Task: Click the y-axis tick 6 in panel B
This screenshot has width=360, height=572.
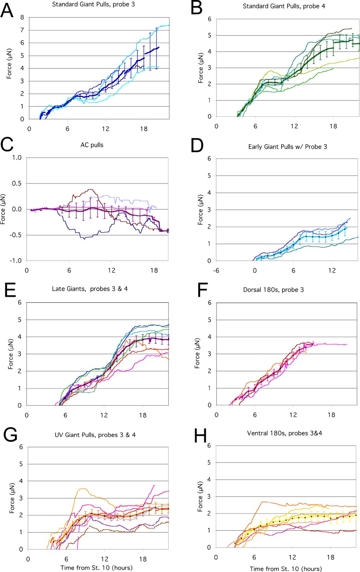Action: [209, 19]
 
